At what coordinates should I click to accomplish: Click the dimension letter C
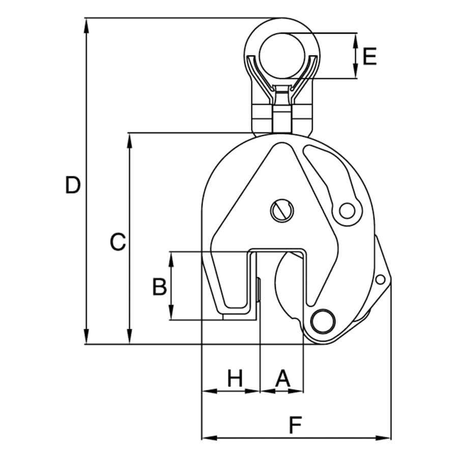point(118,242)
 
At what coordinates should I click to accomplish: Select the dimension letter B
point(160,287)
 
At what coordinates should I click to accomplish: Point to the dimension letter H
point(235,379)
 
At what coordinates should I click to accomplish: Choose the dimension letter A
point(282,379)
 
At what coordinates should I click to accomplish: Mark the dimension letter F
point(297,425)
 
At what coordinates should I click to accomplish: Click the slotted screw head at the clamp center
point(281,210)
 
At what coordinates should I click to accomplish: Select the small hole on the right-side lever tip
point(379,279)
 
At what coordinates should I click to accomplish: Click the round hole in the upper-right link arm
point(347,209)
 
